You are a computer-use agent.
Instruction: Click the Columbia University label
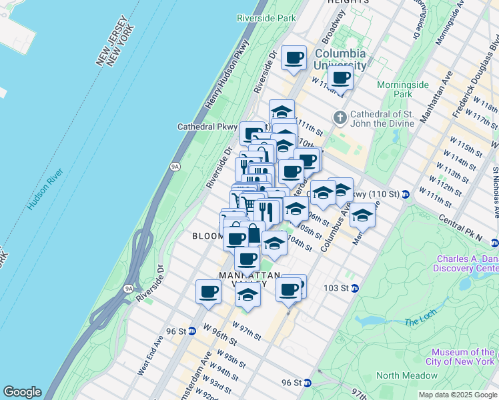click(x=340, y=59)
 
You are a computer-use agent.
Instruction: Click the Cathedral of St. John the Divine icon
click(x=340, y=118)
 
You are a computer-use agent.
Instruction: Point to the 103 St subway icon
click(x=355, y=288)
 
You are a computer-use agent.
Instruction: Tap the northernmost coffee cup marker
click(x=294, y=58)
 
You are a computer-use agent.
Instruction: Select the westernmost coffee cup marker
click(x=209, y=291)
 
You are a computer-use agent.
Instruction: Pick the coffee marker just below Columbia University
click(x=341, y=77)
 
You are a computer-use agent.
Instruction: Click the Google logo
click(x=21, y=392)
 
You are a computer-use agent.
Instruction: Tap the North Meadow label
click(x=406, y=375)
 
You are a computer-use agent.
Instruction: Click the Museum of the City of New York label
click(x=462, y=357)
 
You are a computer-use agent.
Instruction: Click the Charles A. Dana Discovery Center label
click(x=467, y=264)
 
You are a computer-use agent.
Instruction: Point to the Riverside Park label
click(x=266, y=19)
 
